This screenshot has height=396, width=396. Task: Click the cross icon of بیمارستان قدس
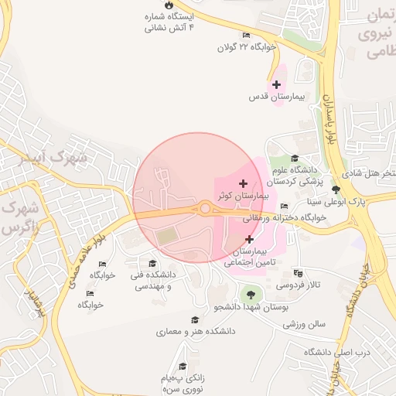point(276,84)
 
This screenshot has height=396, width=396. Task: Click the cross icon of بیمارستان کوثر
point(244,183)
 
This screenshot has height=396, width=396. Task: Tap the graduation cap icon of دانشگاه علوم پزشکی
point(294,159)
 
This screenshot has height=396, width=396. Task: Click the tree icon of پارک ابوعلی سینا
point(336,189)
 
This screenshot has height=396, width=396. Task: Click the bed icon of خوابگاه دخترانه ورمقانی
point(285,206)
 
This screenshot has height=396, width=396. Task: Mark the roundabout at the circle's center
point(205,207)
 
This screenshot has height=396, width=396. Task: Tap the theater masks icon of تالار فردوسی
point(299,273)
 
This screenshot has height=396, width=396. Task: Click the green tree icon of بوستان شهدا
point(249,294)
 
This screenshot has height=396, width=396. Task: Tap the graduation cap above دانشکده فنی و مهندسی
point(152,263)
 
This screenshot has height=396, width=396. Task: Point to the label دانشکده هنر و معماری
point(196,331)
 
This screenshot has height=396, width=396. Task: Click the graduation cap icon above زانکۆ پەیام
point(183,366)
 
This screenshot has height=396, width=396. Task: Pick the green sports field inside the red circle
point(166,234)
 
